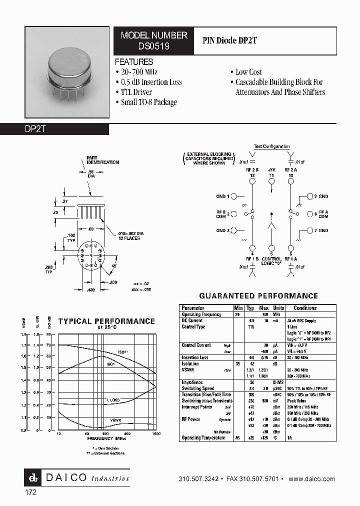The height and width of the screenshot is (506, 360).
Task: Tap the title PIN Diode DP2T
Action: tap(229, 41)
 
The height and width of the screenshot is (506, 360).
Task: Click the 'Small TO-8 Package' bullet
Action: tap(148, 102)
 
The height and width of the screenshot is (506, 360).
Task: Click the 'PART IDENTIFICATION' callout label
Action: tap(102, 160)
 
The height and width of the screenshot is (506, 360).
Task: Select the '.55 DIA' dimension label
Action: tap(90, 173)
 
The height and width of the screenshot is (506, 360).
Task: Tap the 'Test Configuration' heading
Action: tap(271, 146)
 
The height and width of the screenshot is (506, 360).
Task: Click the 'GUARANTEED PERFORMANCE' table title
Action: tap(258, 296)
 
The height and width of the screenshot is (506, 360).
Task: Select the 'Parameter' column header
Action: tap(193, 308)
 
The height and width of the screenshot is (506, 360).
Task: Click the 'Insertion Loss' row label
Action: tap(195, 357)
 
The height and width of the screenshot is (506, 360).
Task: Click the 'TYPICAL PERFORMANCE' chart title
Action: tap(106, 321)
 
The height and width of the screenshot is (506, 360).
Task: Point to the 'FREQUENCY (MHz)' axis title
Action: tap(106, 438)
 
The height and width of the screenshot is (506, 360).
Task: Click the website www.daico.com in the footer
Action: tap(312, 478)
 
